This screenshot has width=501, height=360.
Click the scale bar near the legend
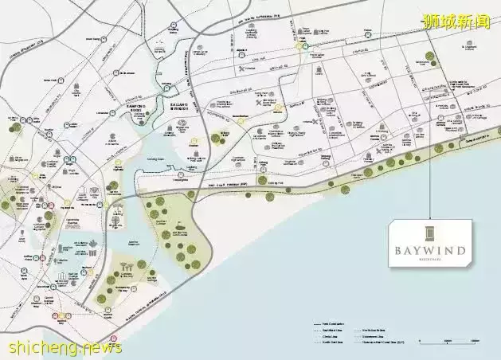447,342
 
